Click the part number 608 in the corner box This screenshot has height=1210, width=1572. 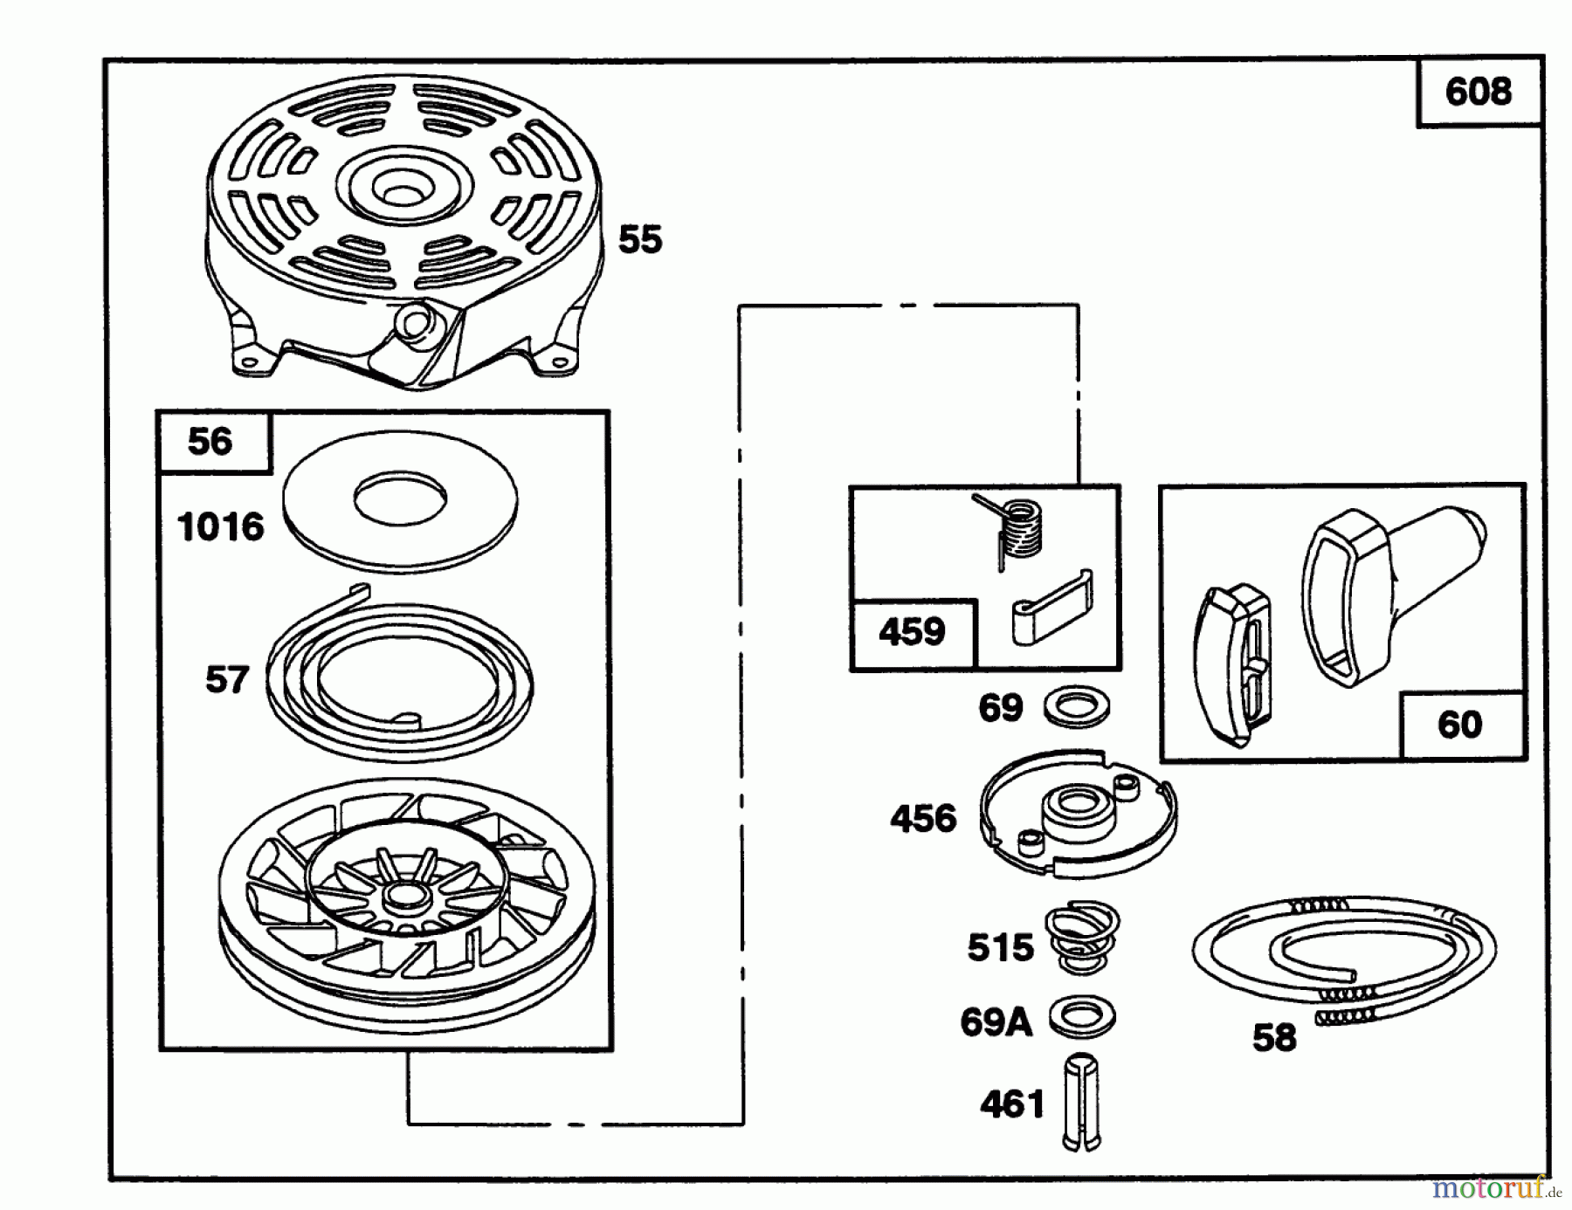point(1478,92)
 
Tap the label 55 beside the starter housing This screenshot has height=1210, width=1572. point(640,239)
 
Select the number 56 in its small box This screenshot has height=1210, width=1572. point(210,442)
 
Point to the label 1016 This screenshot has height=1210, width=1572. point(220,527)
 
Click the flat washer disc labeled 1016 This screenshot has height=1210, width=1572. point(400,498)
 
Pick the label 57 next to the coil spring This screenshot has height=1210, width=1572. point(227,679)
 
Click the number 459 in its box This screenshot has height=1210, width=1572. point(912,631)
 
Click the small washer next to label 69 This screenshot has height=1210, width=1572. point(1076,707)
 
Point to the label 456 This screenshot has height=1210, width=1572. point(923,819)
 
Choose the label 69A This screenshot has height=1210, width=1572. point(996,1021)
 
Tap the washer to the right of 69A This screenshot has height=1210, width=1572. point(1083,1017)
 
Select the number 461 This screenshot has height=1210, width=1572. point(1012,1105)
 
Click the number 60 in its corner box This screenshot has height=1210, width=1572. point(1459,725)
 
